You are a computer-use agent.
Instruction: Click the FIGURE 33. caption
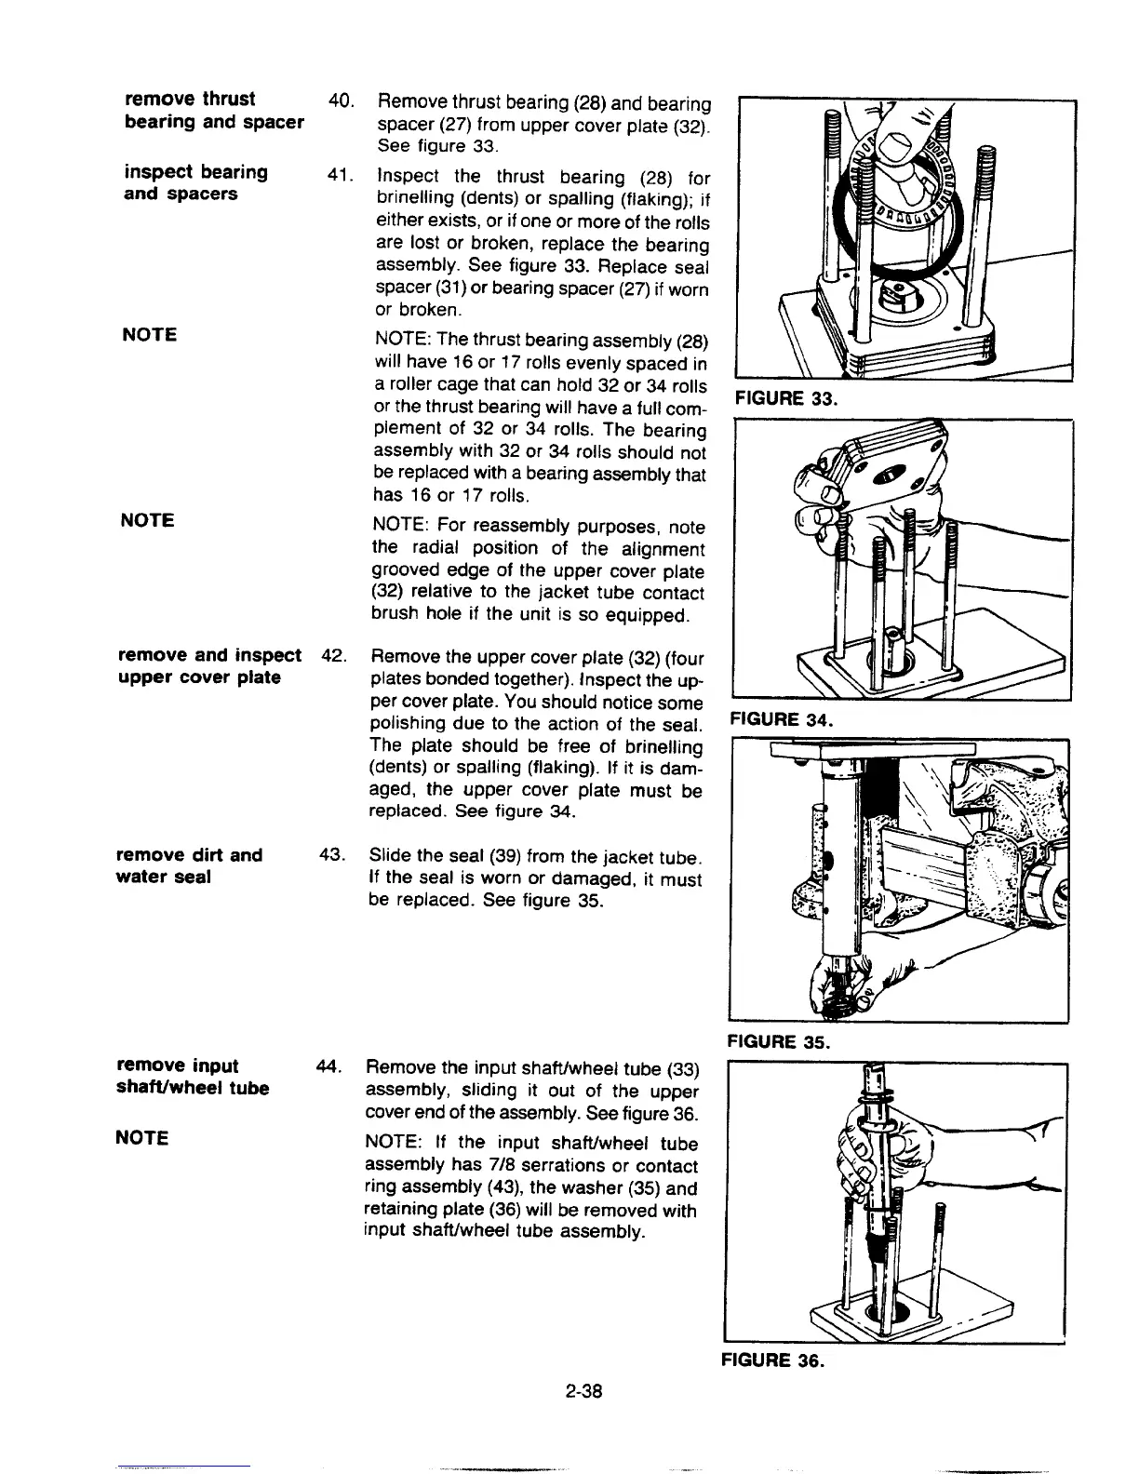(786, 398)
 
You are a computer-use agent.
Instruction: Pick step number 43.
(333, 855)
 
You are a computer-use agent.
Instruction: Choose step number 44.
(331, 1066)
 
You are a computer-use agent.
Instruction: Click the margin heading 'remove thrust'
(190, 99)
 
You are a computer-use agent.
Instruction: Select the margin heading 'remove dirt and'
(190, 855)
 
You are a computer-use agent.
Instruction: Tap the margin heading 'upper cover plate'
(199, 677)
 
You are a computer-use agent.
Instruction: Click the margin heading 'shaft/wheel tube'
(194, 1088)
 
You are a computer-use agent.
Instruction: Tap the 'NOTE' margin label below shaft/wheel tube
(142, 1137)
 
